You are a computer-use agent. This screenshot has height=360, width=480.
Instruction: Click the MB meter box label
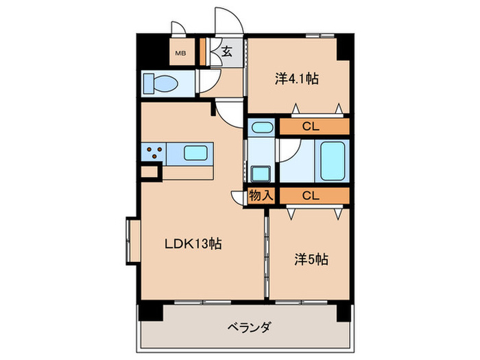(181, 53)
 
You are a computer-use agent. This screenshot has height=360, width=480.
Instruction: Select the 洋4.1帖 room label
(297, 79)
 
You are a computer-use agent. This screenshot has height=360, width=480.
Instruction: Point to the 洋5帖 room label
(311, 260)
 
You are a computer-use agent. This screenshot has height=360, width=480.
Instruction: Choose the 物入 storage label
(261, 195)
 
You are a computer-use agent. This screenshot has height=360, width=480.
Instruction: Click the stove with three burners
(154, 152)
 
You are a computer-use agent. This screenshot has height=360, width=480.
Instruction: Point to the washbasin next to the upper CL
(261, 127)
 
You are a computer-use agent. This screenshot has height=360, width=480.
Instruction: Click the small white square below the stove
(149, 171)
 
